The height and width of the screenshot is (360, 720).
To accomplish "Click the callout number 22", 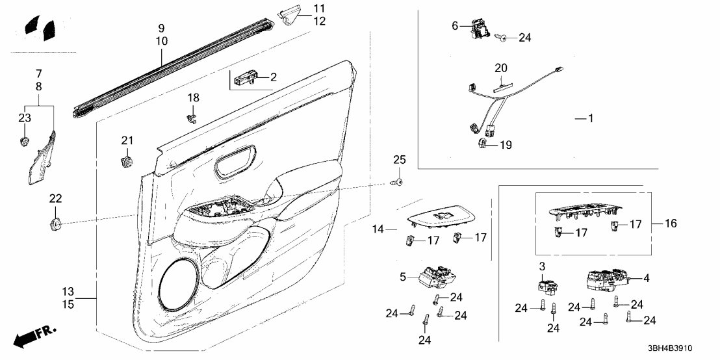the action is point(56,199).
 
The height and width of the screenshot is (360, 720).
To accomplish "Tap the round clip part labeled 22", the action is point(56,224).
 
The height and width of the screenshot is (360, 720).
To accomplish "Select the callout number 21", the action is point(127,140).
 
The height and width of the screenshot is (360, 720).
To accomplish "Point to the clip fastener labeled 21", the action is point(125,162).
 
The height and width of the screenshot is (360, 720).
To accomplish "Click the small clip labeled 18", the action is point(192,118).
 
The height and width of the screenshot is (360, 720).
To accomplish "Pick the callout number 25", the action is point(400,160).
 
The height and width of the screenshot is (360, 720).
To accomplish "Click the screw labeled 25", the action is point(396,183).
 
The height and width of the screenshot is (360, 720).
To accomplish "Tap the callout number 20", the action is point(500,68).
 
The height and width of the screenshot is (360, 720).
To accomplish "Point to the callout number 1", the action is point(591,118).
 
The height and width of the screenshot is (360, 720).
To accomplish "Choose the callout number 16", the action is point(671,224).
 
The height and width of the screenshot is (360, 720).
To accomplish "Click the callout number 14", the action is point(378,229).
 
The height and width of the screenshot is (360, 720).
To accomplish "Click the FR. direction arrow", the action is point(35,336).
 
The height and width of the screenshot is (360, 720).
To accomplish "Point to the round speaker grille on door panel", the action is point(180,283).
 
